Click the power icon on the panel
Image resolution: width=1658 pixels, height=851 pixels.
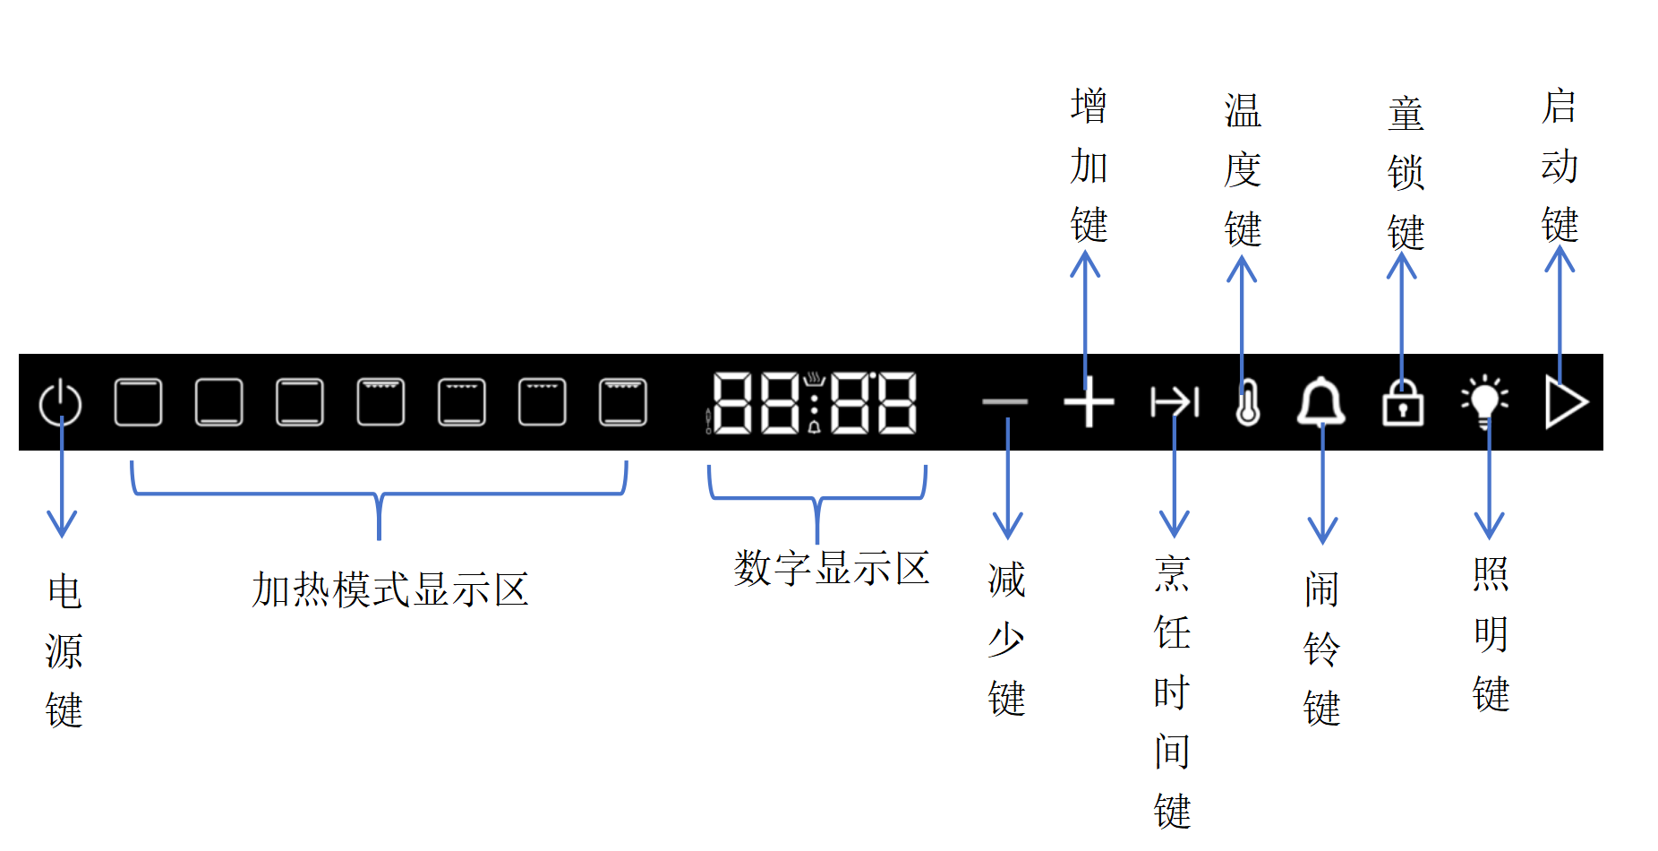(61, 403)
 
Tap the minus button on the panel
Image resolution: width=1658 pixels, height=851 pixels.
(1004, 402)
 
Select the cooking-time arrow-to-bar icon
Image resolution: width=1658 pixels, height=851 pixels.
(1174, 402)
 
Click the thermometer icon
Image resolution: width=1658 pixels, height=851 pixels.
(1247, 402)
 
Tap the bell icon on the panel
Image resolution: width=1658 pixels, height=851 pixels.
(1321, 402)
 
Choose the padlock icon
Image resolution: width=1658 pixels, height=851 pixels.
(1403, 403)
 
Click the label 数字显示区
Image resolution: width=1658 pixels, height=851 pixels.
(832, 569)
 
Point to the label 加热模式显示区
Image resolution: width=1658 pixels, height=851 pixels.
(390, 590)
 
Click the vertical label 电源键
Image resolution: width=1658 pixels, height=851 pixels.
(64, 651)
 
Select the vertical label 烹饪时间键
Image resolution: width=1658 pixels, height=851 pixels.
(1172, 692)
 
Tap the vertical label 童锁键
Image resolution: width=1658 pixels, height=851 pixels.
(1406, 173)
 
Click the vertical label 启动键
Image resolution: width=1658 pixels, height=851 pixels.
(1560, 166)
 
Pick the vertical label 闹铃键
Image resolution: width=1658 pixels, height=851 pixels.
(1321, 649)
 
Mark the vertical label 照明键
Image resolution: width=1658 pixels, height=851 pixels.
(1491, 634)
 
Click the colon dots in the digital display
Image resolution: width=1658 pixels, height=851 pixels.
(814, 402)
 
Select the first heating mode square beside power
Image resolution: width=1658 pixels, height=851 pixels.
(139, 402)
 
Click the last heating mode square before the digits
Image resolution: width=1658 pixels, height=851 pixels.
(623, 402)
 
